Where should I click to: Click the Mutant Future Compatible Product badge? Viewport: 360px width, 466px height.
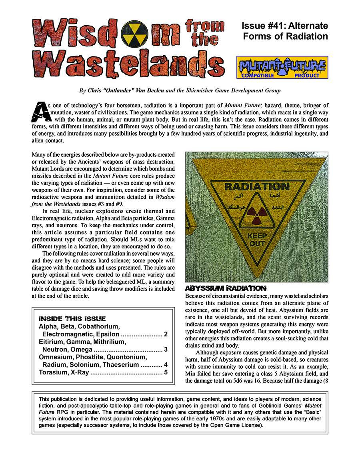pyautogui.click(x=282, y=67)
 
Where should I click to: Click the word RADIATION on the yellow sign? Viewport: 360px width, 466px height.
pyautogui.click(x=256, y=187)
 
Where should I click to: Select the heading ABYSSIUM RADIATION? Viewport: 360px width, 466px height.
pyautogui.click(x=225, y=288)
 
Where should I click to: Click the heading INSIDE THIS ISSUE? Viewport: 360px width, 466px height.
pyautogui.click(x=72, y=319)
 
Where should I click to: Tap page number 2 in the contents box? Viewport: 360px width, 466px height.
pyautogui.click(x=165, y=334)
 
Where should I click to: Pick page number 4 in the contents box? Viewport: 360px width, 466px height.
pyautogui.click(x=165, y=365)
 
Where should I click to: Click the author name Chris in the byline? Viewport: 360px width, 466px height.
pyautogui.click(x=95, y=91)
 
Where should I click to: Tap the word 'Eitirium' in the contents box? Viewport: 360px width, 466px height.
pyautogui.click(x=51, y=342)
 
